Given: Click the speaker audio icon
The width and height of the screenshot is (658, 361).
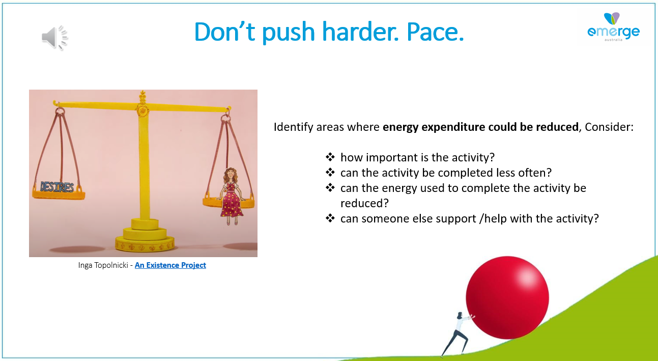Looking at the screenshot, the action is (54, 38).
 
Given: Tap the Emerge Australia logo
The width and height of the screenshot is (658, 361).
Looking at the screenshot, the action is (613, 27).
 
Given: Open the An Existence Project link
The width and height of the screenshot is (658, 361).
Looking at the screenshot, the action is (170, 265).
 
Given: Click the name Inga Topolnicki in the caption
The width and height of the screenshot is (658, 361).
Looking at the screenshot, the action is (103, 265).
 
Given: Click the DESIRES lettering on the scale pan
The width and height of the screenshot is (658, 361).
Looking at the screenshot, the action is (57, 187).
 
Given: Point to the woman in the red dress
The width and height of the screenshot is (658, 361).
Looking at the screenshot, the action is (232, 196).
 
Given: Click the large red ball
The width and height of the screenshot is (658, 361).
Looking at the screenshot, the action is (507, 298).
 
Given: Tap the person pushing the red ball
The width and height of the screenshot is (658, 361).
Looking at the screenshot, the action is (457, 334).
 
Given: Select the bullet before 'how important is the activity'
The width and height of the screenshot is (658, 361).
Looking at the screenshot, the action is (330, 157).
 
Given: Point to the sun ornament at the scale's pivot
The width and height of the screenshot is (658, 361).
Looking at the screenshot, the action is (142, 111).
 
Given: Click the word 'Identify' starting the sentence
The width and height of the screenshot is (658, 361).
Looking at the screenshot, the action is (294, 127).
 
